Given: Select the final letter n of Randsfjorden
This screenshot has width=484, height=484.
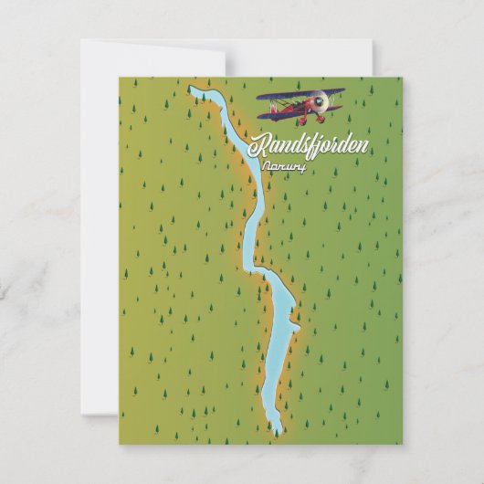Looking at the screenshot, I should (x=365, y=146).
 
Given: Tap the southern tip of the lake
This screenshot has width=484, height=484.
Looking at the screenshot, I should (x=276, y=432).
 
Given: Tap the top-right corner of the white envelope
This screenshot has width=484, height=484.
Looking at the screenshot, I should (x=372, y=40).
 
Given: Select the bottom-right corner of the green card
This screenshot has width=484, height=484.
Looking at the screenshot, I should (x=401, y=444).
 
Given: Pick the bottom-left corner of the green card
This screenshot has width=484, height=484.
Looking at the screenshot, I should (x=120, y=444).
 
